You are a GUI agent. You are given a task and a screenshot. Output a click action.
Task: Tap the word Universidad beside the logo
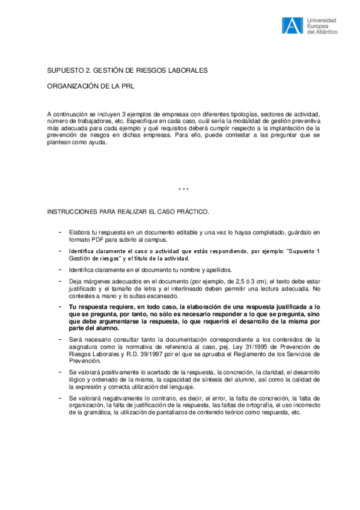tap(322, 19)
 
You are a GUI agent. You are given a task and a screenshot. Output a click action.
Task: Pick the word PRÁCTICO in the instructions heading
tap(192, 213)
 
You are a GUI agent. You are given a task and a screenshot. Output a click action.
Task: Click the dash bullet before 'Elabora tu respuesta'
tap(59, 232)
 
